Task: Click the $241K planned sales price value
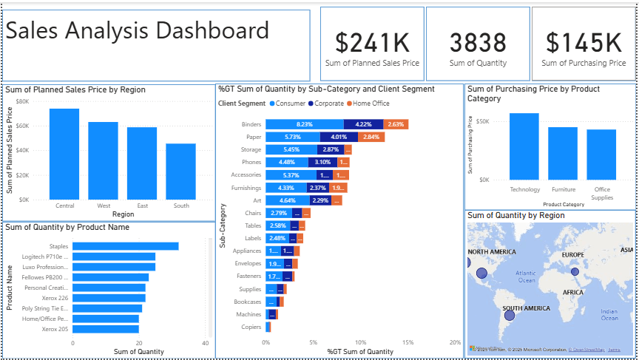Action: click(x=372, y=42)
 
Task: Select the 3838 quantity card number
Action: click(x=478, y=42)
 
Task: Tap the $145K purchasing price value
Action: click(x=583, y=42)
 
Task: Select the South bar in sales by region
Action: click(x=180, y=171)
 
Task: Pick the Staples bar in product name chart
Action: click(x=125, y=246)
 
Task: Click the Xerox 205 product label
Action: click(x=55, y=329)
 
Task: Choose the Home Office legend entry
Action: click(x=371, y=103)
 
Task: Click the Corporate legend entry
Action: click(x=328, y=103)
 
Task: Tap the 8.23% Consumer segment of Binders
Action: click(x=305, y=124)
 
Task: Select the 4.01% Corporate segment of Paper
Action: click(x=339, y=137)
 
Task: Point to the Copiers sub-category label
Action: click(x=251, y=327)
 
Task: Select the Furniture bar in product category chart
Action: click(x=563, y=153)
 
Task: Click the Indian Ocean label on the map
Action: click(x=609, y=314)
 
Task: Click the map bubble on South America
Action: click(x=509, y=316)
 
